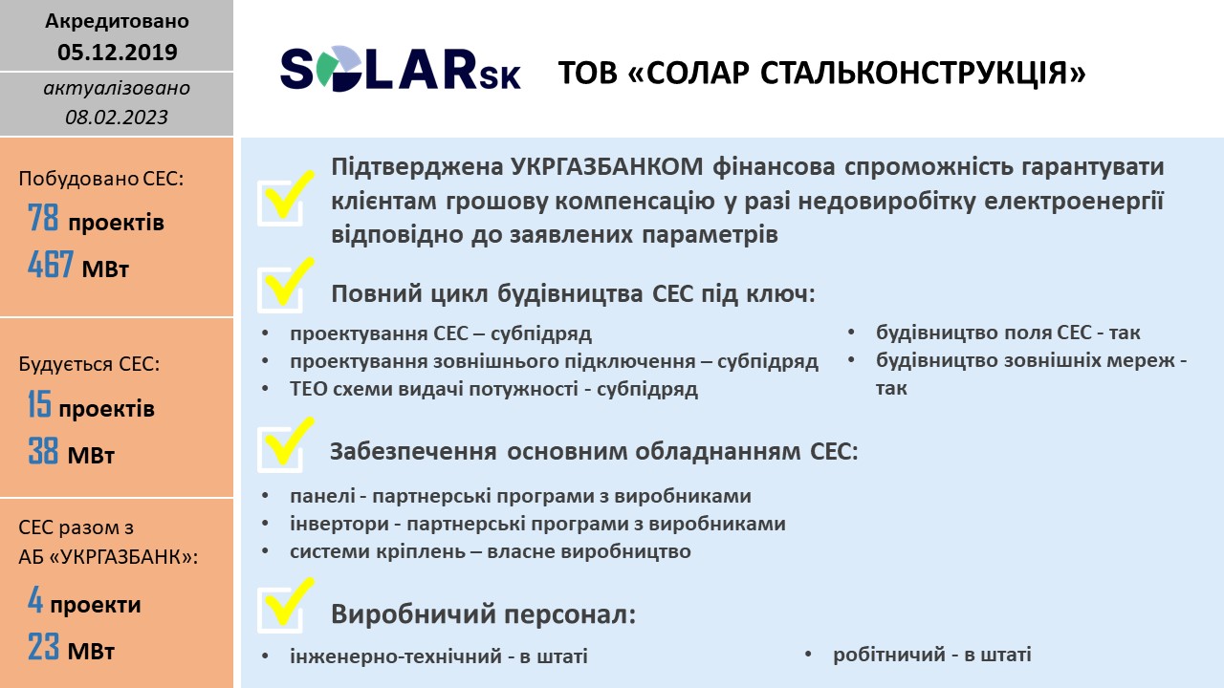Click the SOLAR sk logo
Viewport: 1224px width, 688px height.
pos(400,69)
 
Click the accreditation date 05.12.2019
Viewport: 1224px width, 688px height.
pos(118,52)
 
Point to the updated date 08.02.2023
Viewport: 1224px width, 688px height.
pos(117,117)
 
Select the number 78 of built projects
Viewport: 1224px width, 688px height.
pos(43,217)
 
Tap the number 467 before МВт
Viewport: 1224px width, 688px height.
pos(51,265)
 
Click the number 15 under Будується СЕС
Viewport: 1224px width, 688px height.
pos(39,404)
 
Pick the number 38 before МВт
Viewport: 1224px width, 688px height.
pos(43,451)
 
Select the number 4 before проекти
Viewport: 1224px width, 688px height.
pos(35,599)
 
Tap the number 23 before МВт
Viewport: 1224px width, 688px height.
pos(43,647)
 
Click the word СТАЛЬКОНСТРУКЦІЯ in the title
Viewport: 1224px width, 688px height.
pos(923,74)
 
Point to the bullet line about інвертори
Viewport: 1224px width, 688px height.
pos(537,524)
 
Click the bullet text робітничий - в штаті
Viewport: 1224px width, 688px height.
pos(932,655)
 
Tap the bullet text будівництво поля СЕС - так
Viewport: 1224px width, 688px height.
pos(1008,333)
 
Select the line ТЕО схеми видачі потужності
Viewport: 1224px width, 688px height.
pos(494,389)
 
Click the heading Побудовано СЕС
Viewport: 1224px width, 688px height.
pos(101,179)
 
